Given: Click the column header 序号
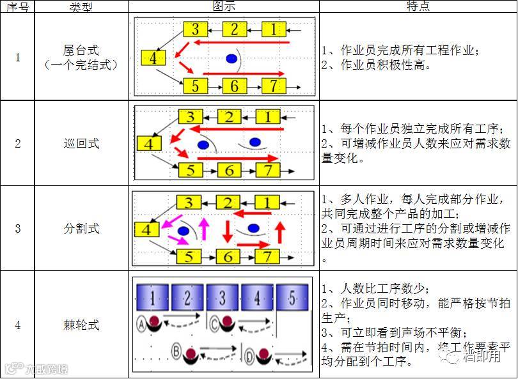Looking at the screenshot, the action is (17, 6).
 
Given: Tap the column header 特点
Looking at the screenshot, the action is (418, 6).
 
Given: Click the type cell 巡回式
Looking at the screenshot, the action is (82, 143).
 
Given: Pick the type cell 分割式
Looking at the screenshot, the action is (82, 228).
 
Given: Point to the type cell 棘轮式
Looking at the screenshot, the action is (82, 325).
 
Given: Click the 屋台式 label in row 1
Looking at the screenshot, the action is (82, 50).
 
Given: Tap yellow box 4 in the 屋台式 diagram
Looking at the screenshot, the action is (153, 58).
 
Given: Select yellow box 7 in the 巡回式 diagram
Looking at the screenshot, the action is (268, 170).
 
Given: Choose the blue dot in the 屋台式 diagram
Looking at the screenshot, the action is (232, 59).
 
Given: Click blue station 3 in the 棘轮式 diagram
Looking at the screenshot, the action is (222, 297).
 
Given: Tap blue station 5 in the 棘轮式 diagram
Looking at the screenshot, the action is (292, 297).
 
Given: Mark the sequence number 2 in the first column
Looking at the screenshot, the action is (17, 143).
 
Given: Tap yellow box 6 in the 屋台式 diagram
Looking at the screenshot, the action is (234, 86).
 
